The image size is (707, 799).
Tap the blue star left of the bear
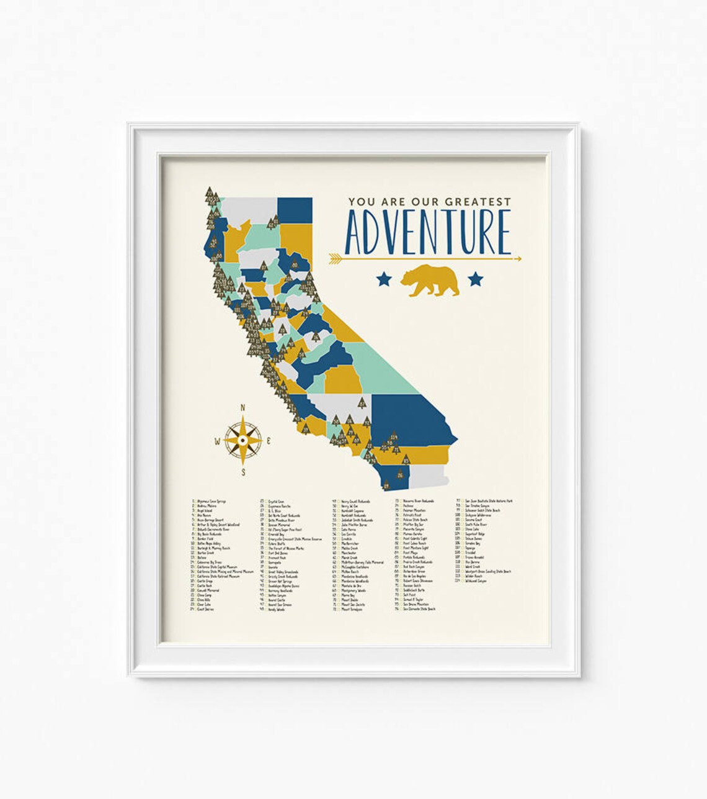coord(383,279)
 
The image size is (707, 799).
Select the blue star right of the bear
coord(475,279)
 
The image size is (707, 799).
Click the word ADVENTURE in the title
coord(427,232)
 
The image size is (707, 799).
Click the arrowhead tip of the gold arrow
coord(519,258)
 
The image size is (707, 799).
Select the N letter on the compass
coord(242,408)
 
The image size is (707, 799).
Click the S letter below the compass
coord(243,472)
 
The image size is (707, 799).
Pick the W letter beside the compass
coord(217,442)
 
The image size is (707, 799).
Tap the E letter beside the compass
coord(268,441)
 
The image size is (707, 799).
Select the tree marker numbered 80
coord(294,266)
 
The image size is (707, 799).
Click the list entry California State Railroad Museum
coord(218,576)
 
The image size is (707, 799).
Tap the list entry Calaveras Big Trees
coord(213,562)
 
